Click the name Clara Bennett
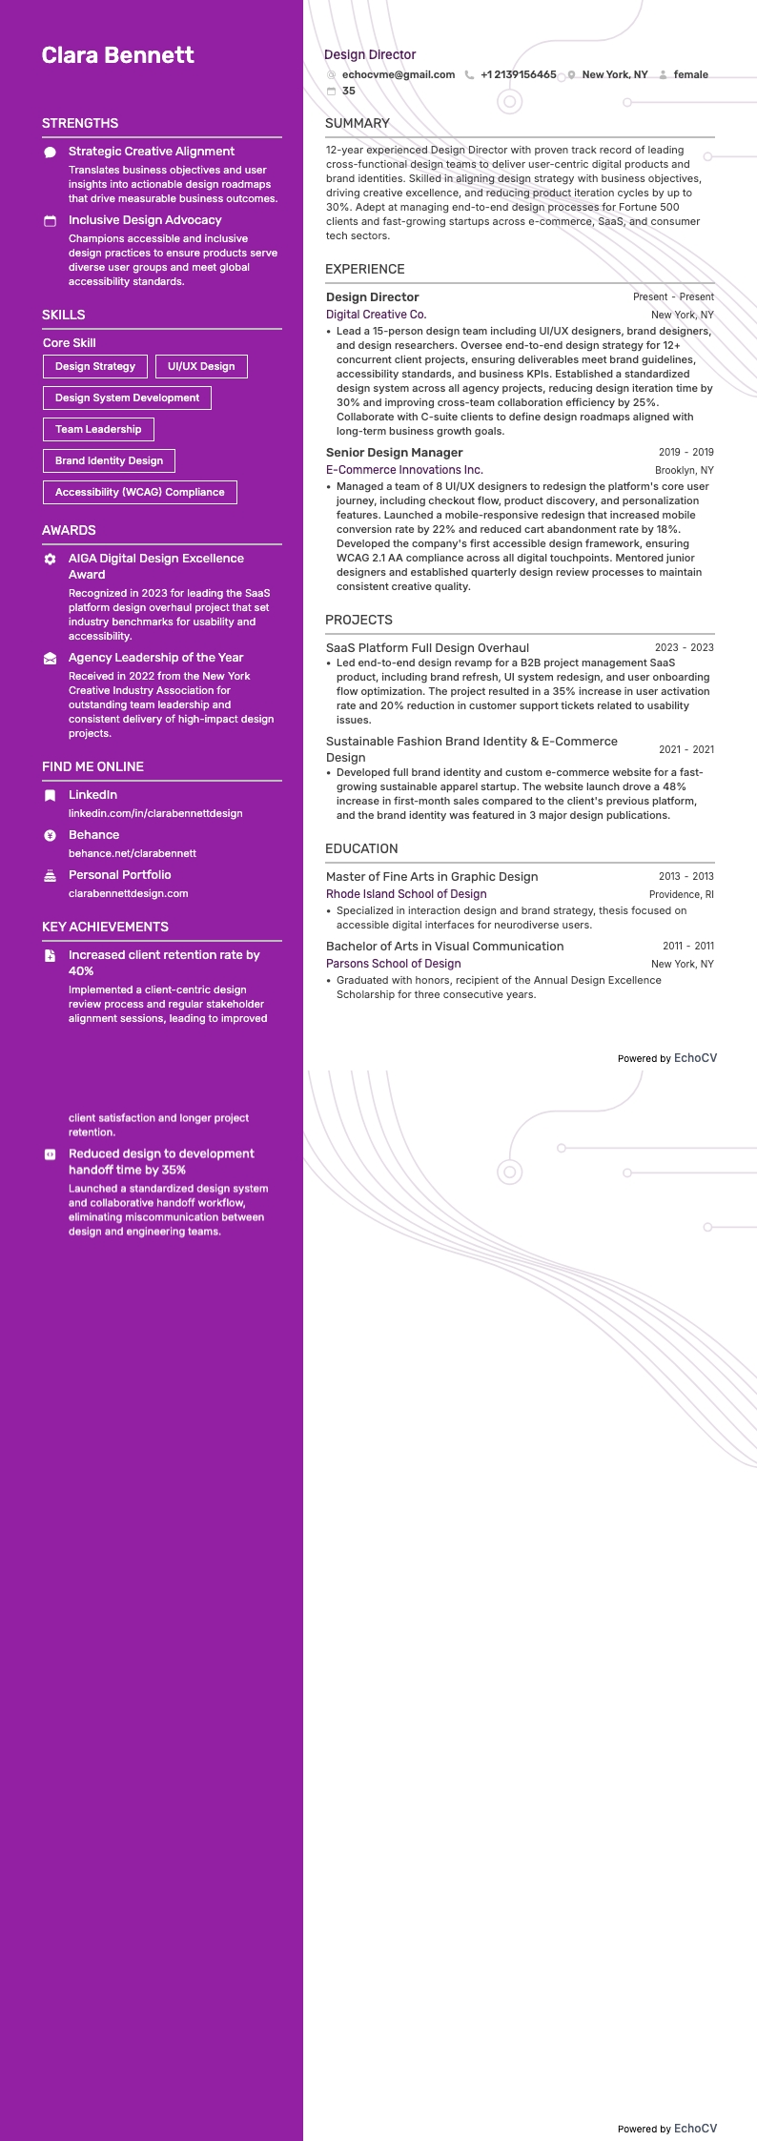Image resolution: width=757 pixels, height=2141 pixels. (117, 55)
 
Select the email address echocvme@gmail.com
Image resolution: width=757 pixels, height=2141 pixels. (398, 74)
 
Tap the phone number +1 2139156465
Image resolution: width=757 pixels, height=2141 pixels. (518, 74)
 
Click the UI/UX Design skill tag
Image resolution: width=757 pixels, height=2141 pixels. (201, 366)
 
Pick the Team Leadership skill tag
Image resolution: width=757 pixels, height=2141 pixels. (98, 429)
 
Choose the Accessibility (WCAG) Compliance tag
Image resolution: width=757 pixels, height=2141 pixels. (140, 492)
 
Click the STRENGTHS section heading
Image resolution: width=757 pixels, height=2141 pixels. (80, 123)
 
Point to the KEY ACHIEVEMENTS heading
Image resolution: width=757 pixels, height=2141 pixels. (105, 927)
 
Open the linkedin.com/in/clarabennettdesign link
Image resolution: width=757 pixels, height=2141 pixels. (155, 813)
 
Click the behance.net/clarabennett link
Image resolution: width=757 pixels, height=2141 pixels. (133, 853)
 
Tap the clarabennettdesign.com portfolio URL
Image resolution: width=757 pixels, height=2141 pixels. (129, 893)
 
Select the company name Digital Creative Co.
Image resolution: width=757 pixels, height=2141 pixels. (376, 315)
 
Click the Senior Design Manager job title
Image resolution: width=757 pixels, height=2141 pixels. (394, 453)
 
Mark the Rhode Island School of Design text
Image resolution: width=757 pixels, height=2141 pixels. (406, 894)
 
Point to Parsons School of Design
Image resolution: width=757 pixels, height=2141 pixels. (393, 964)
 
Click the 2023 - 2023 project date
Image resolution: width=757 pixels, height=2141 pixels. (684, 647)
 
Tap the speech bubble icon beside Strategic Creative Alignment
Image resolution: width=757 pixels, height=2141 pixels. (51, 152)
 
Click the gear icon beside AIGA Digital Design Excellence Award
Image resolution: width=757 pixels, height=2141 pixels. (51, 559)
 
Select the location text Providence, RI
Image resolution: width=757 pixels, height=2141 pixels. (681, 894)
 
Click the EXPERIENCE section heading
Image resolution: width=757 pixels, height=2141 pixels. (364, 269)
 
